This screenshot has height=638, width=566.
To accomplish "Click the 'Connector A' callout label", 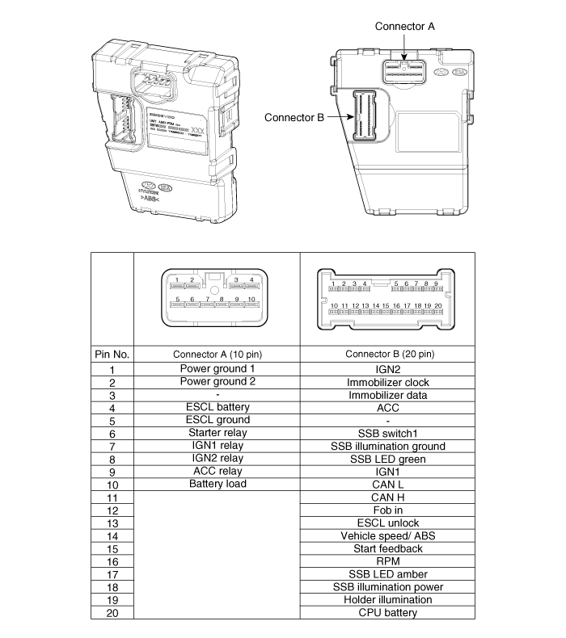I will (x=405, y=26).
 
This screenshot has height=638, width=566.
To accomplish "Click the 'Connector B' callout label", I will (x=294, y=117).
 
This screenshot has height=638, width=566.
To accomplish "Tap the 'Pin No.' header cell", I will (x=112, y=355).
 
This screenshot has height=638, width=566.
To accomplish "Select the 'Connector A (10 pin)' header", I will (x=217, y=355).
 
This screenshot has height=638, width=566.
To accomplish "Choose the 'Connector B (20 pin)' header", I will (x=390, y=355).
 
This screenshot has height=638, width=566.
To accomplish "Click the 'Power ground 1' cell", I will (x=217, y=368).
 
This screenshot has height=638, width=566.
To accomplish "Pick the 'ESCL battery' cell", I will (x=217, y=407).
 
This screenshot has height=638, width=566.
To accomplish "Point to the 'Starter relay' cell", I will (x=217, y=433).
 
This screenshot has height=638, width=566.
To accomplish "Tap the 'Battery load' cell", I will (x=217, y=484).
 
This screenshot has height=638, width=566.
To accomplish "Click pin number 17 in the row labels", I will (x=112, y=574).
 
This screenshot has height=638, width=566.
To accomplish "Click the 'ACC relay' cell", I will (x=217, y=471).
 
